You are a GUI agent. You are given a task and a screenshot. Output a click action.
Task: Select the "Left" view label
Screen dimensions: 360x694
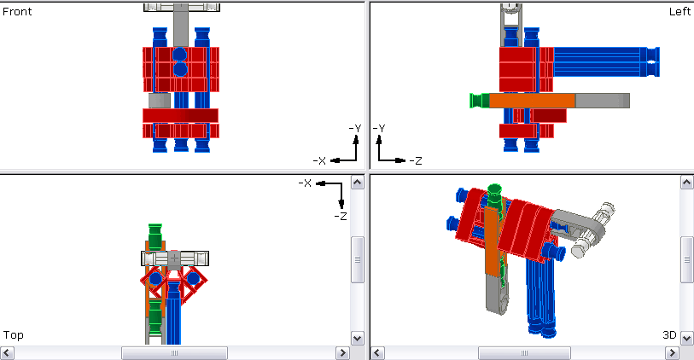[679, 12]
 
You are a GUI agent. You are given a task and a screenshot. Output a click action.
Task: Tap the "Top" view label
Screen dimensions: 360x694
[13, 335]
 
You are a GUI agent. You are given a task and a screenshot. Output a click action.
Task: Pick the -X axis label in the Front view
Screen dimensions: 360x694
[319, 160]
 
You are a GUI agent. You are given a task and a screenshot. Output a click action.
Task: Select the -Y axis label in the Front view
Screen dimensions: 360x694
[355, 128]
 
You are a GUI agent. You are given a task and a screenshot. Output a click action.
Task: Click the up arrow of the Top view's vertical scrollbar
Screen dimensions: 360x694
[358, 183]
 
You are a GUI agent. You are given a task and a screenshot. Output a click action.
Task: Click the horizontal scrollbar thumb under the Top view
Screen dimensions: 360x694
[174, 353]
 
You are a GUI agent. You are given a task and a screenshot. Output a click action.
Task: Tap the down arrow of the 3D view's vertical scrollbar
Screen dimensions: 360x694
[686, 338]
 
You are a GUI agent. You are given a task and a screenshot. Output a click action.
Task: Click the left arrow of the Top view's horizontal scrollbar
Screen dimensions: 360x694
[7, 353]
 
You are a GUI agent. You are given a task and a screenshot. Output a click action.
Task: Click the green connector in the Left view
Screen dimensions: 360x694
[478, 101]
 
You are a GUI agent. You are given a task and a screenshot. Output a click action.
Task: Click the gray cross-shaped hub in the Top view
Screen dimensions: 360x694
[175, 258]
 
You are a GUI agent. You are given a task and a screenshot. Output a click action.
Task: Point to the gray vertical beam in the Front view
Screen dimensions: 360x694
[180, 26]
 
